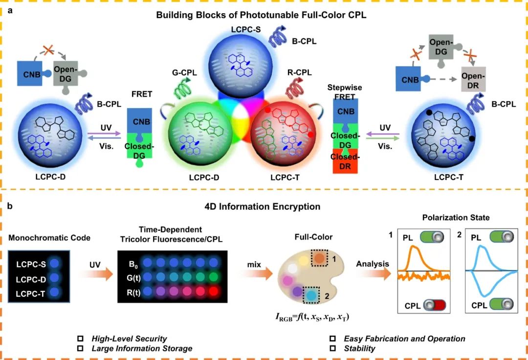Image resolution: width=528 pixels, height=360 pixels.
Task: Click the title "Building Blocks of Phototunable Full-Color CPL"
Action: click(261, 15)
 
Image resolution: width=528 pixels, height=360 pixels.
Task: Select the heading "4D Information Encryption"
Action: click(262, 207)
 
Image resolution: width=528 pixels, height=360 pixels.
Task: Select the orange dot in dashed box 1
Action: click(319, 257)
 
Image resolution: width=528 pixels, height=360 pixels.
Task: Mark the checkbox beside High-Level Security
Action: click(81, 338)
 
